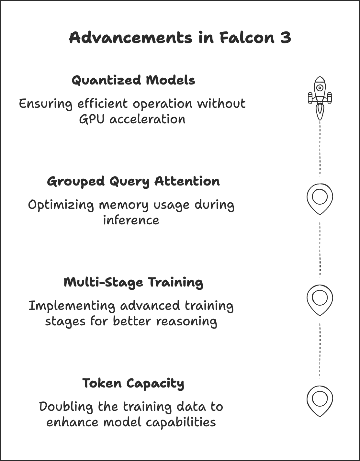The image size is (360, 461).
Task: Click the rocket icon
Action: pos(320,98)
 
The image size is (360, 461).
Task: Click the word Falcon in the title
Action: pos(247,38)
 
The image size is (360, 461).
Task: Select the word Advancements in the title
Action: pos(131,38)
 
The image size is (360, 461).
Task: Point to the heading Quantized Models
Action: pos(133,80)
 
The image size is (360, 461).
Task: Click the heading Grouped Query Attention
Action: pos(133,182)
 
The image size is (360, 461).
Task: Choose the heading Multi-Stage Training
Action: pos(133,283)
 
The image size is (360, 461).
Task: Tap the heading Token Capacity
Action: pos(133,384)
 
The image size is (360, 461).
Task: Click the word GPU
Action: pos(92,119)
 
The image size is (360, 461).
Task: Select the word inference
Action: pos(131,220)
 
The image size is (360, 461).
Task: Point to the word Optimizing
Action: pos(61,205)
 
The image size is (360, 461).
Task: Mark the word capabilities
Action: pos(181,423)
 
